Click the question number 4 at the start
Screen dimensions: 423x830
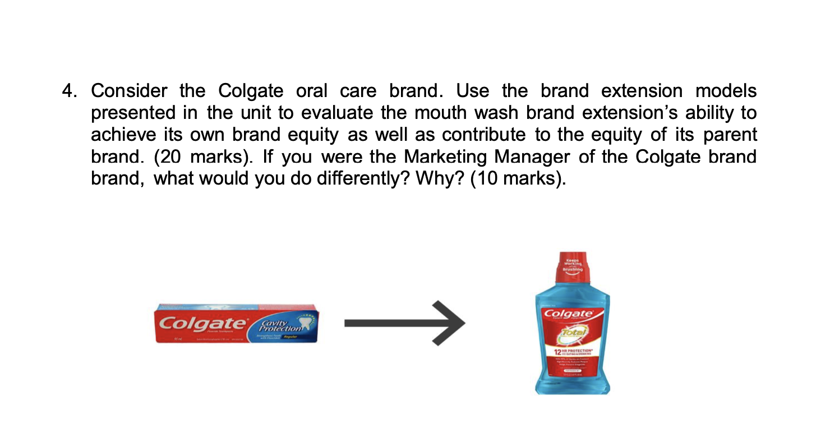click(67, 91)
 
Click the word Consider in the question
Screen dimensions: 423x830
click(129, 91)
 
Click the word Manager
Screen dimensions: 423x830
click(529, 157)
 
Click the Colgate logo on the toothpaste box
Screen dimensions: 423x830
click(203, 324)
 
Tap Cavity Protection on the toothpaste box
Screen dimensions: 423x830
click(279, 325)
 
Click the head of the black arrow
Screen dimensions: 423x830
click(451, 323)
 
